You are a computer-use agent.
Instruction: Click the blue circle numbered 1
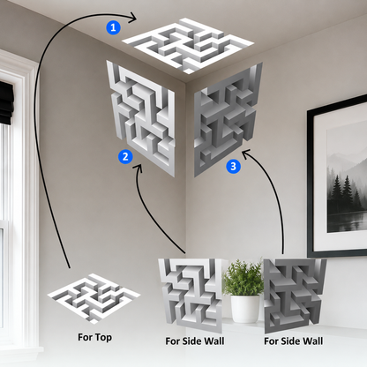click(113, 28)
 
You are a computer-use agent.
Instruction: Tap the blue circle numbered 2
click(125, 156)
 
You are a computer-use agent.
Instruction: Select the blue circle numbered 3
click(233, 167)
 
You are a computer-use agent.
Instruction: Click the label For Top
click(94, 337)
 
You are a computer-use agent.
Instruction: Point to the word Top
click(103, 337)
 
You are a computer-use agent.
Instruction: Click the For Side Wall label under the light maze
click(195, 341)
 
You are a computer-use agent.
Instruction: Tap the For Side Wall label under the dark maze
click(293, 341)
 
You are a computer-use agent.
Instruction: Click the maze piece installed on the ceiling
click(188, 45)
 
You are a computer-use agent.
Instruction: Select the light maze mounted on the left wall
click(141, 117)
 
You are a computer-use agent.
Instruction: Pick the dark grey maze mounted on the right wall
click(228, 119)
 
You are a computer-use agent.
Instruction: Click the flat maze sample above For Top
click(94, 297)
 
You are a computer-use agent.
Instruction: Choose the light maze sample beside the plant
click(191, 294)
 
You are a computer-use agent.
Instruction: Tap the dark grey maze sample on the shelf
click(294, 296)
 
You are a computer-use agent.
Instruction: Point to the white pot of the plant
click(244, 309)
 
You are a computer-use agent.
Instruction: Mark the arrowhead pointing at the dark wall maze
click(246, 153)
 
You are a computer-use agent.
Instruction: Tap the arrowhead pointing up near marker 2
click(139, 168)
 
